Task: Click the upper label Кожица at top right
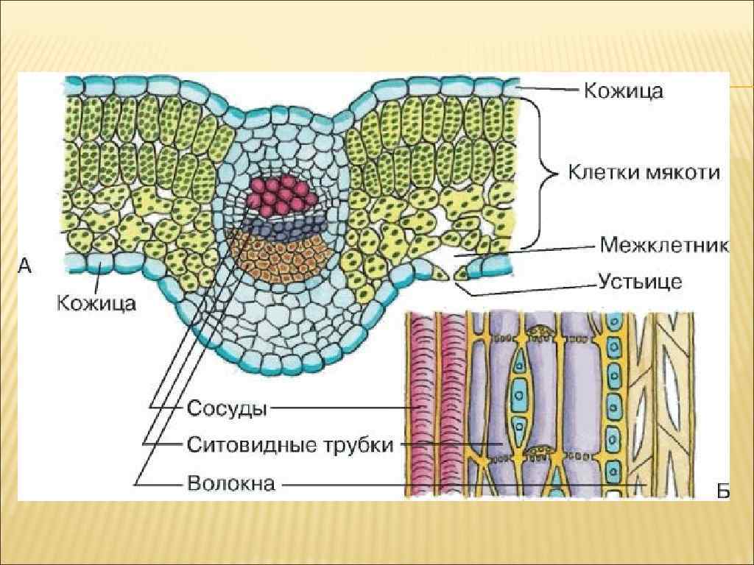(x=624, y=90)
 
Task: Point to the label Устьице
(x=640, y=282)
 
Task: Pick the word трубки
(x=362, y=444)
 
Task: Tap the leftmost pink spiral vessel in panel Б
(x=423, y=405)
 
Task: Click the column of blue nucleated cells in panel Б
(x=610, y=405)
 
